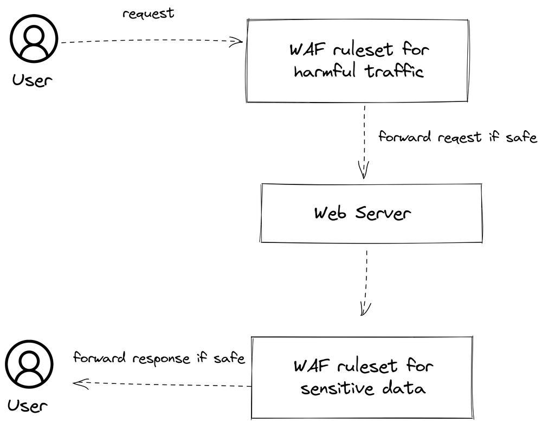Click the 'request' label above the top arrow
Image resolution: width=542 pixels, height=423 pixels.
[x=149, y=14]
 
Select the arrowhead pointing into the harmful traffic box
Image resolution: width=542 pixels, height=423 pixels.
[x=237, y=42]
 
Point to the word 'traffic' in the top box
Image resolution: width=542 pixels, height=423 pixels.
[x=395, y=72]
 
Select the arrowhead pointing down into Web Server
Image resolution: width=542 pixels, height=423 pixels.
[x=364, y=171]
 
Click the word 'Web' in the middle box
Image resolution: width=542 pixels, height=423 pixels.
[x=331, y=213]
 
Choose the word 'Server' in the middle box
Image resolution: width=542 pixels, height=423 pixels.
[x=383, y=213]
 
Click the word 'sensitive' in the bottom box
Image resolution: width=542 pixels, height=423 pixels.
[x=332, y=389]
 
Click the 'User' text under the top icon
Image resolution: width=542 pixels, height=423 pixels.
[x=33, y=81]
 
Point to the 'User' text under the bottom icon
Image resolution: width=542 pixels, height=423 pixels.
[x=28, y=405]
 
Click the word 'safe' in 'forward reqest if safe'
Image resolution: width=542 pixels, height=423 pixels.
[x=520, y=137]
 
